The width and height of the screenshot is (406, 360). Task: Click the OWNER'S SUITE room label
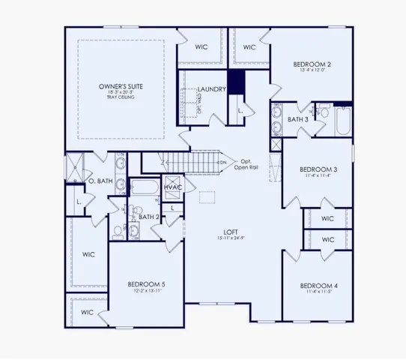pos(121,88)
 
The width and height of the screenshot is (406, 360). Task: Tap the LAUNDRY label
pos(213,90)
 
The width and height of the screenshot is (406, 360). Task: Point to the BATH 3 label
pos(297,119)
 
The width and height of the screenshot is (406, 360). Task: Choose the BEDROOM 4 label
pos(318,286)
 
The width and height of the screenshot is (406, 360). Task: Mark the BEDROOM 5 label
pos(146,284)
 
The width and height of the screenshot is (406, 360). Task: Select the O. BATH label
pos(100,181)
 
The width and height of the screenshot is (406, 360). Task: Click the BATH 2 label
pos(148,217)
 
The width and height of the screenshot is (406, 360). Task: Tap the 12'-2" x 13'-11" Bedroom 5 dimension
pos(146,292)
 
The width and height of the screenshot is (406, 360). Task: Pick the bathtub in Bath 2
pos(142,188)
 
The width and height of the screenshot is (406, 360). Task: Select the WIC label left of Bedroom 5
pos(88,253)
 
